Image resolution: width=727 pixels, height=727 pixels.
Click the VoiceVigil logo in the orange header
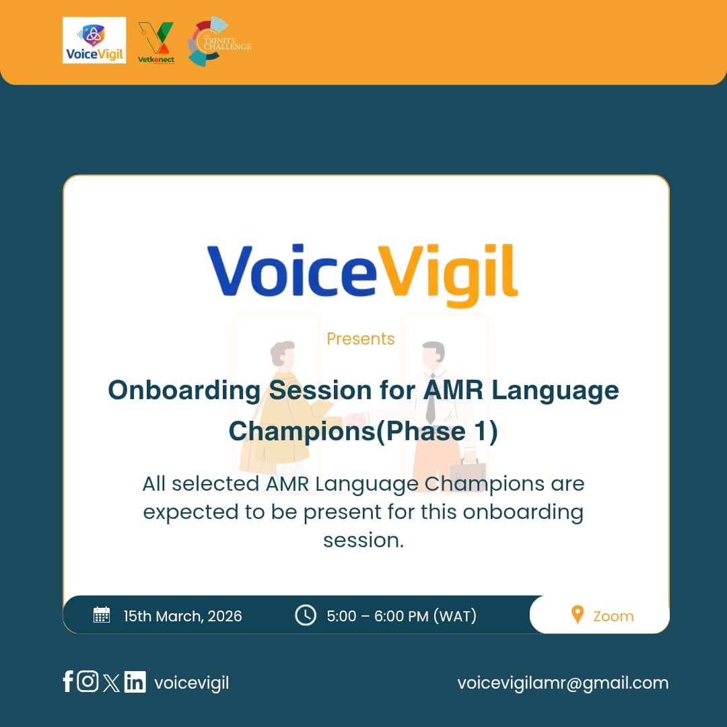point(94,40)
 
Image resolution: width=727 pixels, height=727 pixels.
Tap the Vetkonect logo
point(156,42)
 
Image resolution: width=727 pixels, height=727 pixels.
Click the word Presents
point(361,339)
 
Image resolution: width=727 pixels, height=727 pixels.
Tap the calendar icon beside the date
point(102,615)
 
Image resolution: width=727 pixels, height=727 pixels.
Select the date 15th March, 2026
point(182,616)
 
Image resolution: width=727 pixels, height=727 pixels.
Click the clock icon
point(306,615)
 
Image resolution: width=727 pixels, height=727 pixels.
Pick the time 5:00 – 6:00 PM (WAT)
point(401,616)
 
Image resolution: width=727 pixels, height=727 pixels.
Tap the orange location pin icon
point(577,615)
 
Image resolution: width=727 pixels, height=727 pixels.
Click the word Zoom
point(613,616)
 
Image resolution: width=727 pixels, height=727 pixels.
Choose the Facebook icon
point(68,682)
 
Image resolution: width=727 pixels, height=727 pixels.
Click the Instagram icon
point(88,682)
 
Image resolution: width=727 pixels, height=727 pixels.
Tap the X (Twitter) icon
point(112,683)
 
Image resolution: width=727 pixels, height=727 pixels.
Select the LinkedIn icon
point(135,683)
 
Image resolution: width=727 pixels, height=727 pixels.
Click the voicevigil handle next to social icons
point(192,683)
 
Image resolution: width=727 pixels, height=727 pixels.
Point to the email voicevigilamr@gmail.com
point(563,683)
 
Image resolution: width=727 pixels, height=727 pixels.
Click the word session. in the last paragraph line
point(363,540)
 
